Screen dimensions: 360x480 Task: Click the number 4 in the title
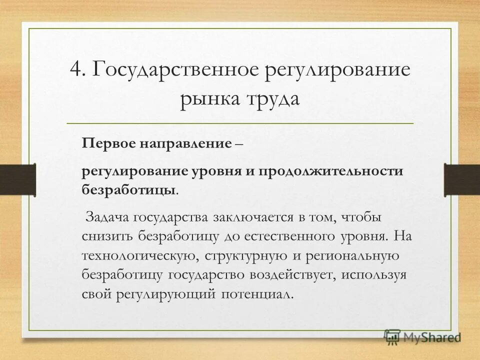75,69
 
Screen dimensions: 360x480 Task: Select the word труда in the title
271,98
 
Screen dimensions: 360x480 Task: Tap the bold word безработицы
128,189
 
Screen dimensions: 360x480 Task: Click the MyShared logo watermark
422,338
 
